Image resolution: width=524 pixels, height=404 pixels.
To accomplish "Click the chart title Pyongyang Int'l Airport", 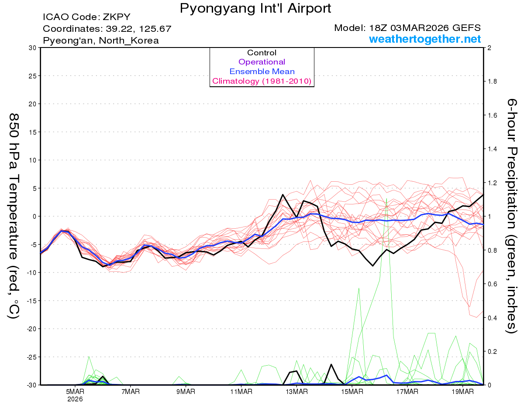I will click(255, 8).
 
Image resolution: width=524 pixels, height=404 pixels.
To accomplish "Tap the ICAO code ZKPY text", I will click(86, 17).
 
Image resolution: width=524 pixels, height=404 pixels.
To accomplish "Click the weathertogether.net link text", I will click(425, 39).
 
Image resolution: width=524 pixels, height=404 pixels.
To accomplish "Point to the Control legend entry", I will click(262, 53).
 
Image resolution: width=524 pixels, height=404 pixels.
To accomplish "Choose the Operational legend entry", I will click(262, 62).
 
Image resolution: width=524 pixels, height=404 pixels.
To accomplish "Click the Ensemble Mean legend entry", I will click(262, 71).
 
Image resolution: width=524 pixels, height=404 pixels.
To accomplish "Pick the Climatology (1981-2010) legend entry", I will click(262, 81).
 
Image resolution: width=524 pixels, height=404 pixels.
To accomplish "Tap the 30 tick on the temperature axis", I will click(32, 48).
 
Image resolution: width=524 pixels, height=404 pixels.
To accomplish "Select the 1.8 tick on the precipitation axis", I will click(491, 81).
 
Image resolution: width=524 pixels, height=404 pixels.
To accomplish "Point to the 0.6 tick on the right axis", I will click(491, 284).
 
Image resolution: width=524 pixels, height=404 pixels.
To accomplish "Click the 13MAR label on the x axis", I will click(296, 392).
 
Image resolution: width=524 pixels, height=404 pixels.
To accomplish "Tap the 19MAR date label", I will click(462, 392).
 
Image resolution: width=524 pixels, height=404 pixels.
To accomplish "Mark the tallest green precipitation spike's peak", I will click(387, 198).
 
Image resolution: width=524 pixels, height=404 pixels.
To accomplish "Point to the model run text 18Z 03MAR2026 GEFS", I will click(407, 28).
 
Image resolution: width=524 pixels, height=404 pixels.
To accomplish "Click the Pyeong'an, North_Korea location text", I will click(101, 41).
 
